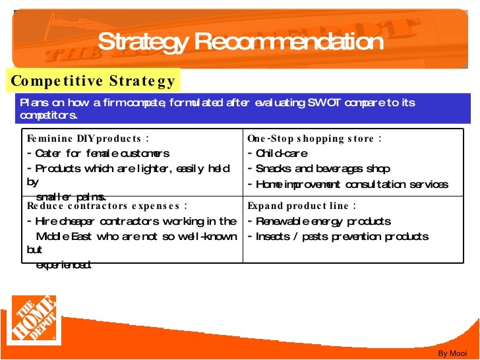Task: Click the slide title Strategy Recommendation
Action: click(240, 42)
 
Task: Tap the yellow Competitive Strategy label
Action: click(93, 81)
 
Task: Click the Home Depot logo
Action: click(34, 318)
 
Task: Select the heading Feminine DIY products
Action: click(88, 138)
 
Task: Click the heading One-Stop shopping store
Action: click(315, 138)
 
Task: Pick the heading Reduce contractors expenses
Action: click(106, 206)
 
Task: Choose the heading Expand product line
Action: click(302, 206)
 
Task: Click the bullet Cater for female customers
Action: click(98, 154)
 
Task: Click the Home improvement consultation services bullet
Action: click(347, 185)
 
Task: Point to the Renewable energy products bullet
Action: click(319, 221)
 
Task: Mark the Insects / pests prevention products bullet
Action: click(338, 236)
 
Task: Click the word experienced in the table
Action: click(63, 265)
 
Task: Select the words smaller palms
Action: click(71, 196)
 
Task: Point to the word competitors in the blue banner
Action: click(48, 115)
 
